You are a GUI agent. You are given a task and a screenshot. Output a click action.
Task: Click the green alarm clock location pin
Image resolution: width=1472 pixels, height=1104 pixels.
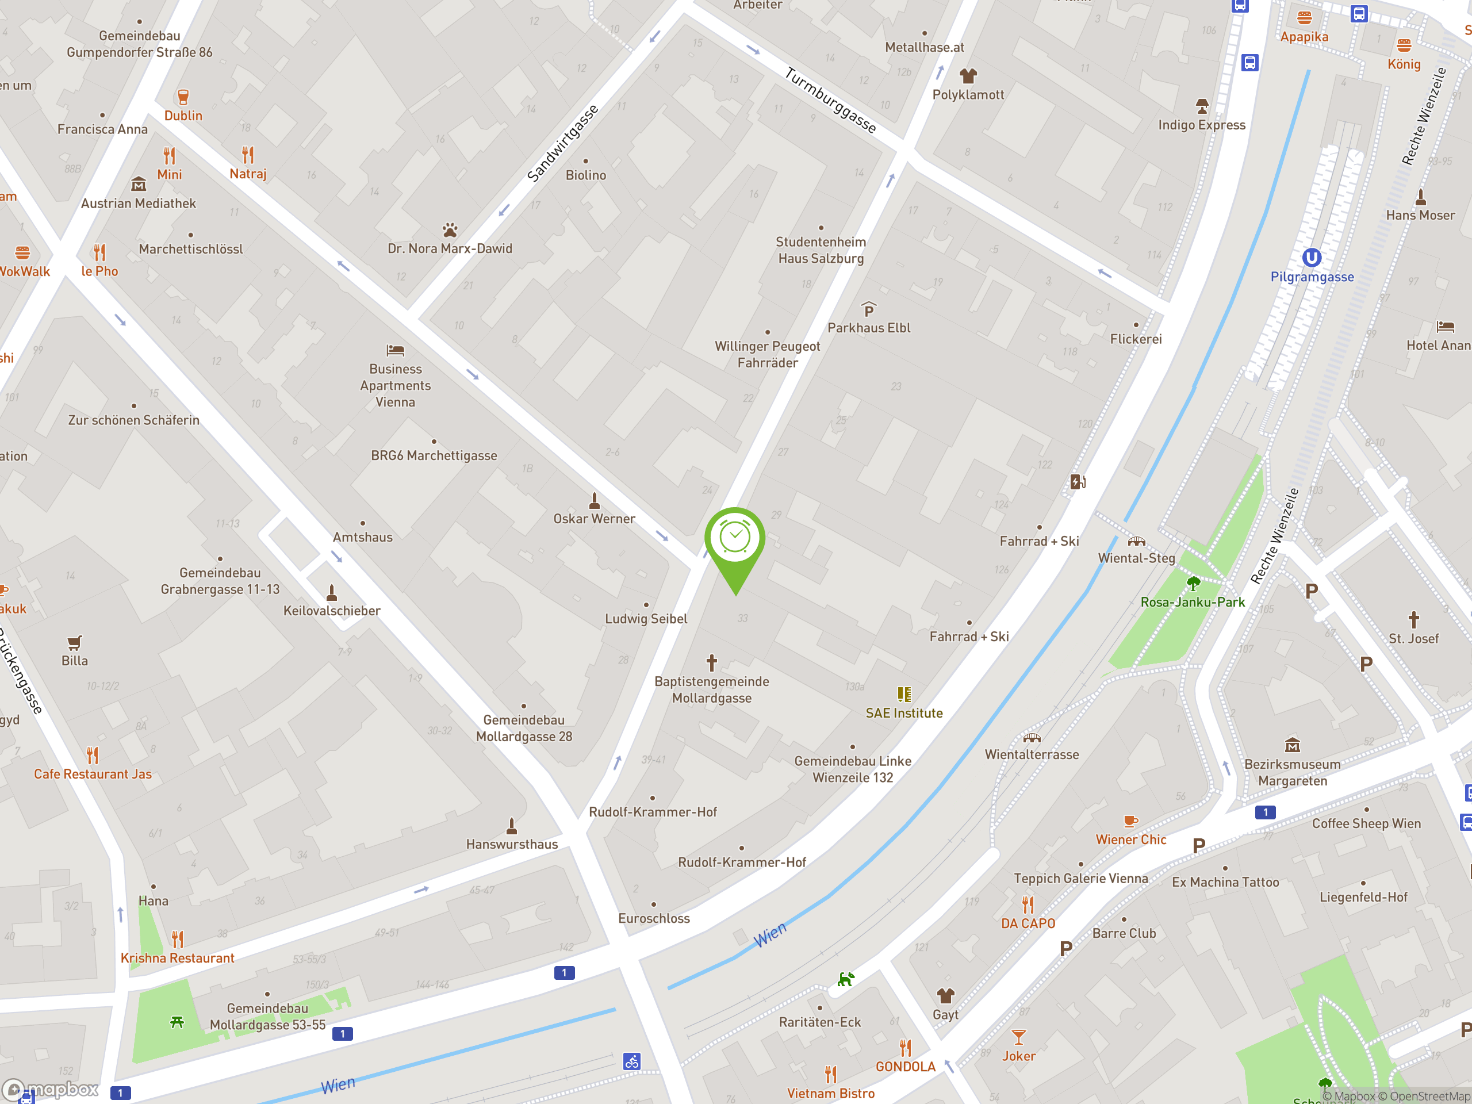click(735, 539)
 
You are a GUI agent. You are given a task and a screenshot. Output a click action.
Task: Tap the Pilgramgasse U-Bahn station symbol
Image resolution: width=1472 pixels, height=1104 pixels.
click(1311, 258)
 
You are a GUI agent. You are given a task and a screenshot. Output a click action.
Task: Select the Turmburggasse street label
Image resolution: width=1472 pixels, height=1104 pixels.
click(830, 101)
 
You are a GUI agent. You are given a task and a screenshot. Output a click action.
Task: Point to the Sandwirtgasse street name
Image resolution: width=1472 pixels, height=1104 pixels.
click(562, 143)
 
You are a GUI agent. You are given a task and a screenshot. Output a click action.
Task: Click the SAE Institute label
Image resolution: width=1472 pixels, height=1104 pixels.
click(904, 712)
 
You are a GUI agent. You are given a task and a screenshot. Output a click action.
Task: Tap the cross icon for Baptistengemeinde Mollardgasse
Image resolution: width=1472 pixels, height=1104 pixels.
click(711, 662)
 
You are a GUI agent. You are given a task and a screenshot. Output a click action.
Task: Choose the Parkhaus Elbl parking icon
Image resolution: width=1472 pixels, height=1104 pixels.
click(868, 309)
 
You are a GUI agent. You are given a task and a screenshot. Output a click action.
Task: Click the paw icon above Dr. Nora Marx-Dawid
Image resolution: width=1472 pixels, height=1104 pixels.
click(450, 230)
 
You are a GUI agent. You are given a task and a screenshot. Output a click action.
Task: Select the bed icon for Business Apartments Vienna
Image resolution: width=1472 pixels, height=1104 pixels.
click(395, 350)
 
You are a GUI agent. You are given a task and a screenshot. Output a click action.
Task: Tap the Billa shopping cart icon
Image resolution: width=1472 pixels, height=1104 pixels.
click(75, 642)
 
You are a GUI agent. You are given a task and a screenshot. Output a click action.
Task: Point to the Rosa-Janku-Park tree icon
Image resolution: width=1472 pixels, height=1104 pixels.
click(1193, 584)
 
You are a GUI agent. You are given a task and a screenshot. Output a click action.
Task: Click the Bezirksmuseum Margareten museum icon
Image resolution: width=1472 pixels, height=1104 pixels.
click(1293, 745)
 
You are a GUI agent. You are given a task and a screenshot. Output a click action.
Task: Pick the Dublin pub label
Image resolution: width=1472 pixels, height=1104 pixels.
click(183, 116)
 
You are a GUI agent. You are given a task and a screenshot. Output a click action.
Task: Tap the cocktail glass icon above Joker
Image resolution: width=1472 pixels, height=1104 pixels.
click(1018, 1037)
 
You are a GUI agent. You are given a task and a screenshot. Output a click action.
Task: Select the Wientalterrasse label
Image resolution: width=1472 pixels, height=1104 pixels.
click(1032, 754)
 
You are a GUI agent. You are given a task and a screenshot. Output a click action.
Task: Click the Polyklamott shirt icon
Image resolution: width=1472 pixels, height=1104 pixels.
click(968, 76)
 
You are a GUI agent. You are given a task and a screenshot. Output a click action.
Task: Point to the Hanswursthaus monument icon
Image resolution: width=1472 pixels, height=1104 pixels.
click(512, 826)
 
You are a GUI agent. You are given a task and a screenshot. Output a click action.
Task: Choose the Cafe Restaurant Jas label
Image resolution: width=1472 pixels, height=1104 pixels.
click(93, 774)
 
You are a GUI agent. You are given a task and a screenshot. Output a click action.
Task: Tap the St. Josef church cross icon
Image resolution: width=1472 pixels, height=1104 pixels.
click(1413, 619)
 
